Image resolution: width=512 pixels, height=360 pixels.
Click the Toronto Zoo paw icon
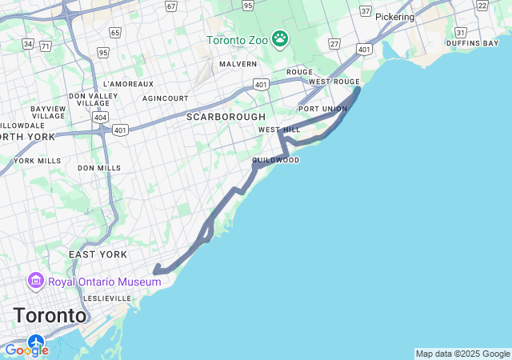coord(279,38)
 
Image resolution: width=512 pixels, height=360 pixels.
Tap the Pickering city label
coord(394,17)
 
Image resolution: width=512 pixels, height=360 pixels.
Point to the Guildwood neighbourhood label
coord(276,160)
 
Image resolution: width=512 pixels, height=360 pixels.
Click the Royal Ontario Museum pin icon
coord(35,281)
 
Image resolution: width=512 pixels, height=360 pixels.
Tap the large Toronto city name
coord(50,315)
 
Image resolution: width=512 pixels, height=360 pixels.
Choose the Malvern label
coord(238,64)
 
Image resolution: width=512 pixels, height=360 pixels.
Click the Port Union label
coord(322,109)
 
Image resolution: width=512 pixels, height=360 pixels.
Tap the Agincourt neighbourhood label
coord(166,98)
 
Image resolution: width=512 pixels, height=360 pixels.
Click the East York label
coord(98,254)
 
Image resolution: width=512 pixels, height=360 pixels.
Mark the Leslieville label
coord(106,298)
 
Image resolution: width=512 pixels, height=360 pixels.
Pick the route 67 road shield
coord(171,6)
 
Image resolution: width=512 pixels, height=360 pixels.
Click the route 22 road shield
coord(482,6)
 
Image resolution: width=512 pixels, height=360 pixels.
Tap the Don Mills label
coord(99,168)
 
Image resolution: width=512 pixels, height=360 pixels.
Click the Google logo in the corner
coord(26,350)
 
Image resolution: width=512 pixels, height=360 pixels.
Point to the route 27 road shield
coord(334,44)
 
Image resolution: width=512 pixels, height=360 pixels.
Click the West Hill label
coord(279,130)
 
